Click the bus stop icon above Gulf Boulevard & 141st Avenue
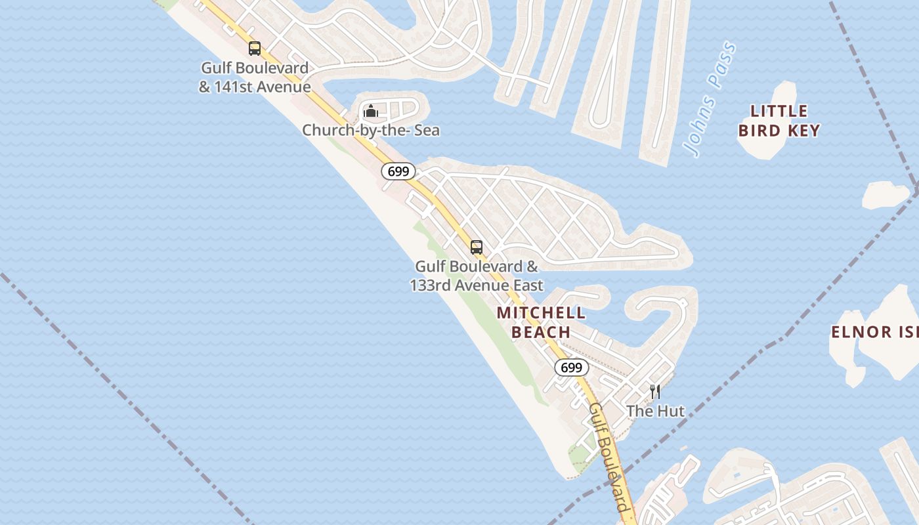point(255,48)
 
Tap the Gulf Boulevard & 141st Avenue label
point(255,77)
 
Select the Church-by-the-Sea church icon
point(371,111)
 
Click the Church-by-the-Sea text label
point(371,131)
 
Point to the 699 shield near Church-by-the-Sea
point(398,171)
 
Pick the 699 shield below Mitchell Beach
point(571,367)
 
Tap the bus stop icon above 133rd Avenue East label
point(477,247)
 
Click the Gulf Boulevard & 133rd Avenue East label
point(477,276)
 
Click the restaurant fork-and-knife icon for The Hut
point(654,392)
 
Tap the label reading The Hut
point(655,411)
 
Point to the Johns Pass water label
point(710,100)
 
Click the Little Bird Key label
point(779,120)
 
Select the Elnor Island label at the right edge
point(874,331)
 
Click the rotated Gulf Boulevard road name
point(609,457)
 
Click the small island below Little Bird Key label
point(886,195)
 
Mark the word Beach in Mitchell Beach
point(541,332)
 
